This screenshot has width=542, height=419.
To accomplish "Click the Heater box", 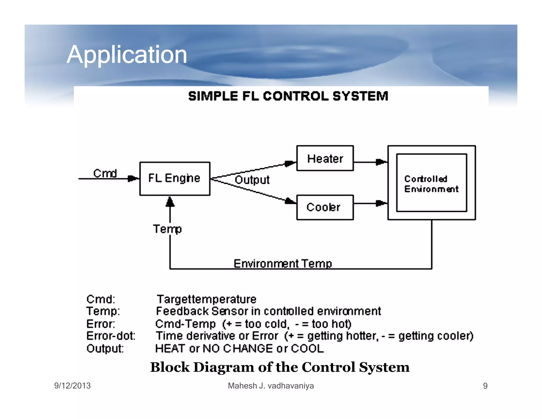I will coord(325,158).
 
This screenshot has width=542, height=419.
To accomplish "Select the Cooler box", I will coord(325,207).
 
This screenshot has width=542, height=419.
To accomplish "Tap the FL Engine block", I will coord(175,179).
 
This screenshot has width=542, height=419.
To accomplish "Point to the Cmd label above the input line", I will coord(105,173).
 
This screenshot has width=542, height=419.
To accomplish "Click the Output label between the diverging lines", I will coord(252,180).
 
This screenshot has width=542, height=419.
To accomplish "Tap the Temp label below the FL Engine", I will coord(167,229).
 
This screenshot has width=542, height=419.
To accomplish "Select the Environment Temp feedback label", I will coord(283,264).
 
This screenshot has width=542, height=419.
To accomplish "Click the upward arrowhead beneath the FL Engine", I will coord(170,202).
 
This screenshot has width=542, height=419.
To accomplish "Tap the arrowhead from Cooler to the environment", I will coord(381,203).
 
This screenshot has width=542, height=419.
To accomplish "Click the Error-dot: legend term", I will coord(111,336).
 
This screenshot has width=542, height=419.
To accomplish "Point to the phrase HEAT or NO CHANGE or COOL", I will coord(239,349).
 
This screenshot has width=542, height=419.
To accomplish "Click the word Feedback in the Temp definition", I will coord(182,311).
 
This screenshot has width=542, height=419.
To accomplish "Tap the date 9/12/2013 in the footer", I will coord(72,386).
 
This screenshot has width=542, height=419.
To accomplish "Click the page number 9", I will coord(485,386).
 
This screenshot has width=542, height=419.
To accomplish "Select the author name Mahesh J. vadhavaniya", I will coord(271,386).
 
